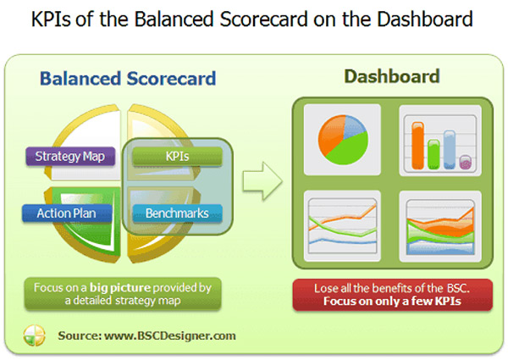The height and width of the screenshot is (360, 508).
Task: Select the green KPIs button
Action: [177, 157]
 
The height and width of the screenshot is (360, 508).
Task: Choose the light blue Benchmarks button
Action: [177, 213]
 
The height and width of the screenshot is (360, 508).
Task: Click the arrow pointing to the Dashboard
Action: [261, 180]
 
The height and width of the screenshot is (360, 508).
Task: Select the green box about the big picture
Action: [124, 292]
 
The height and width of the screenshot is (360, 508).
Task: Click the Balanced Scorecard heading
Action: [128, 80]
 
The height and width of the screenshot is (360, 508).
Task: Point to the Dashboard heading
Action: [391, 77]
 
